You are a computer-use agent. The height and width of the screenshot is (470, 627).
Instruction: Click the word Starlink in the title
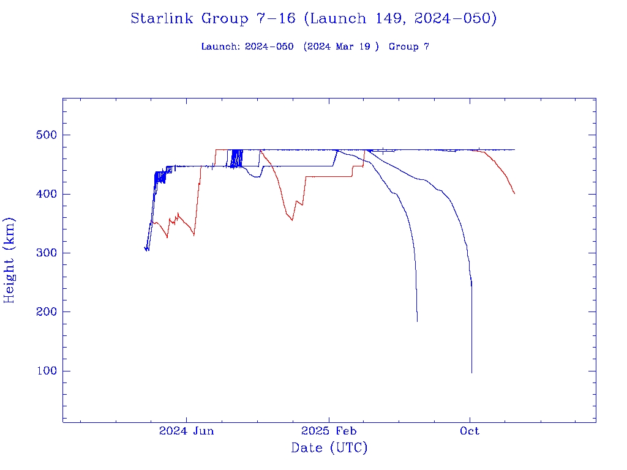(162, 18)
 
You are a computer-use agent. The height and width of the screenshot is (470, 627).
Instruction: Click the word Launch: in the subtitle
(220, 47)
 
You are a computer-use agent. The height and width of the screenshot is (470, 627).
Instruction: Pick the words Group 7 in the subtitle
(408, 47)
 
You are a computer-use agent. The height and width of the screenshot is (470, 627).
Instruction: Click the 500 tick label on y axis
(41, 135)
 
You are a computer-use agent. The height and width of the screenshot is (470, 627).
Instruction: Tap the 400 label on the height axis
(41, 194)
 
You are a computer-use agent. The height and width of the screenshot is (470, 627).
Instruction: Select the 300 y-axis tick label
(41, 253)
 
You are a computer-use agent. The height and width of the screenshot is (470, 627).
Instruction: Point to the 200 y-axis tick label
(41, 312)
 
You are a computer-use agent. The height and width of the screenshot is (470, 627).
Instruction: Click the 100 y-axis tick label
(41, 371)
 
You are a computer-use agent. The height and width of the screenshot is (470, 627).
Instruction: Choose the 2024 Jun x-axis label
(186, 431)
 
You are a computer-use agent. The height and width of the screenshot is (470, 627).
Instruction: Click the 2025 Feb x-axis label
(328, 431)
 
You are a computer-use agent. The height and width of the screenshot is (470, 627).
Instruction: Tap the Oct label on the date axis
(470, 431)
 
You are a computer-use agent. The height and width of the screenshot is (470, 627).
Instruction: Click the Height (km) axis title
(10, 260)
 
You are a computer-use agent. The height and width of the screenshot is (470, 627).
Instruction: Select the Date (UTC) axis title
(329, 448)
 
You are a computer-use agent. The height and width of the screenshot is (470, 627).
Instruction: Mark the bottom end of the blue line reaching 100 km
(471, 373)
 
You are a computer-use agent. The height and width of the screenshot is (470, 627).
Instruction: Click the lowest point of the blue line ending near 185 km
(417, 321)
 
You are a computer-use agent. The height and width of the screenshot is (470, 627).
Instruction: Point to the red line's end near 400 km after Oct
(514, 193)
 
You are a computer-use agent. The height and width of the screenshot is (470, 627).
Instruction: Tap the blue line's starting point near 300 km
(145, 248)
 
